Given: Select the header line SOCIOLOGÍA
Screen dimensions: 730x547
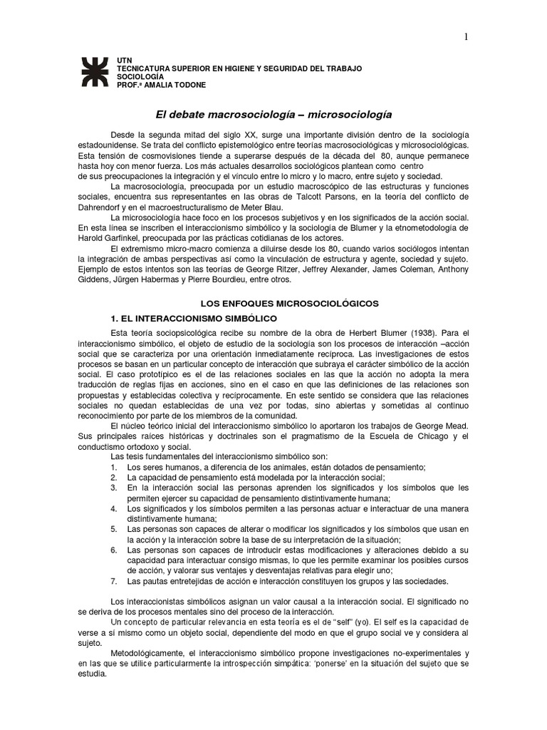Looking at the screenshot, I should (x=140, y=76).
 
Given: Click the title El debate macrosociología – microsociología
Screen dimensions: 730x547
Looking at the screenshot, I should (x=273, y=114).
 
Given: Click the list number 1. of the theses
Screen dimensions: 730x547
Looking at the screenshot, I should (x=114, y=467).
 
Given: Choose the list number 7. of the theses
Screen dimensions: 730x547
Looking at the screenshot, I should (x=114, y=580).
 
